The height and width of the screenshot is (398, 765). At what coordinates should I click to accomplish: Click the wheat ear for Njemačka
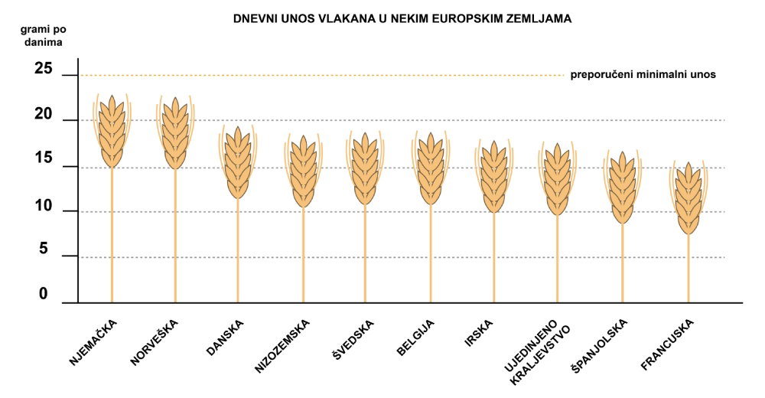coord(112,132)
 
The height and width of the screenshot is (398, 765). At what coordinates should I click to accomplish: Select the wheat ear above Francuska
coord(688,199)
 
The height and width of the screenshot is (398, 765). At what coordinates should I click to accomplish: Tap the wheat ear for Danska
coord(238,163)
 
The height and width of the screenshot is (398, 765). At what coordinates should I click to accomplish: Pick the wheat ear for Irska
coord(493,177)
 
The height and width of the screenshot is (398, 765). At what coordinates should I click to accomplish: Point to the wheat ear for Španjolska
coord(622,188)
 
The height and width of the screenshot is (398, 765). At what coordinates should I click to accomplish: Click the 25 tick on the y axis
coord(44,69)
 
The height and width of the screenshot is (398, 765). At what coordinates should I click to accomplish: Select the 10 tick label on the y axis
coord(44,207)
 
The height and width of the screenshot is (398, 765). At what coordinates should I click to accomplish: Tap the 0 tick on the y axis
coord(44,294)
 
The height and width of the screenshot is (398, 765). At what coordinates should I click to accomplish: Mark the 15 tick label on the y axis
coord(44,159)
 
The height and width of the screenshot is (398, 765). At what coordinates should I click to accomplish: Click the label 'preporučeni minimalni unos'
coord(643,75)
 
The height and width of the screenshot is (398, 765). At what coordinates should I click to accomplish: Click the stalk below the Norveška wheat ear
coord(175,237)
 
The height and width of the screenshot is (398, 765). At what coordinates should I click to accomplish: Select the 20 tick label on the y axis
coord(44,115)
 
